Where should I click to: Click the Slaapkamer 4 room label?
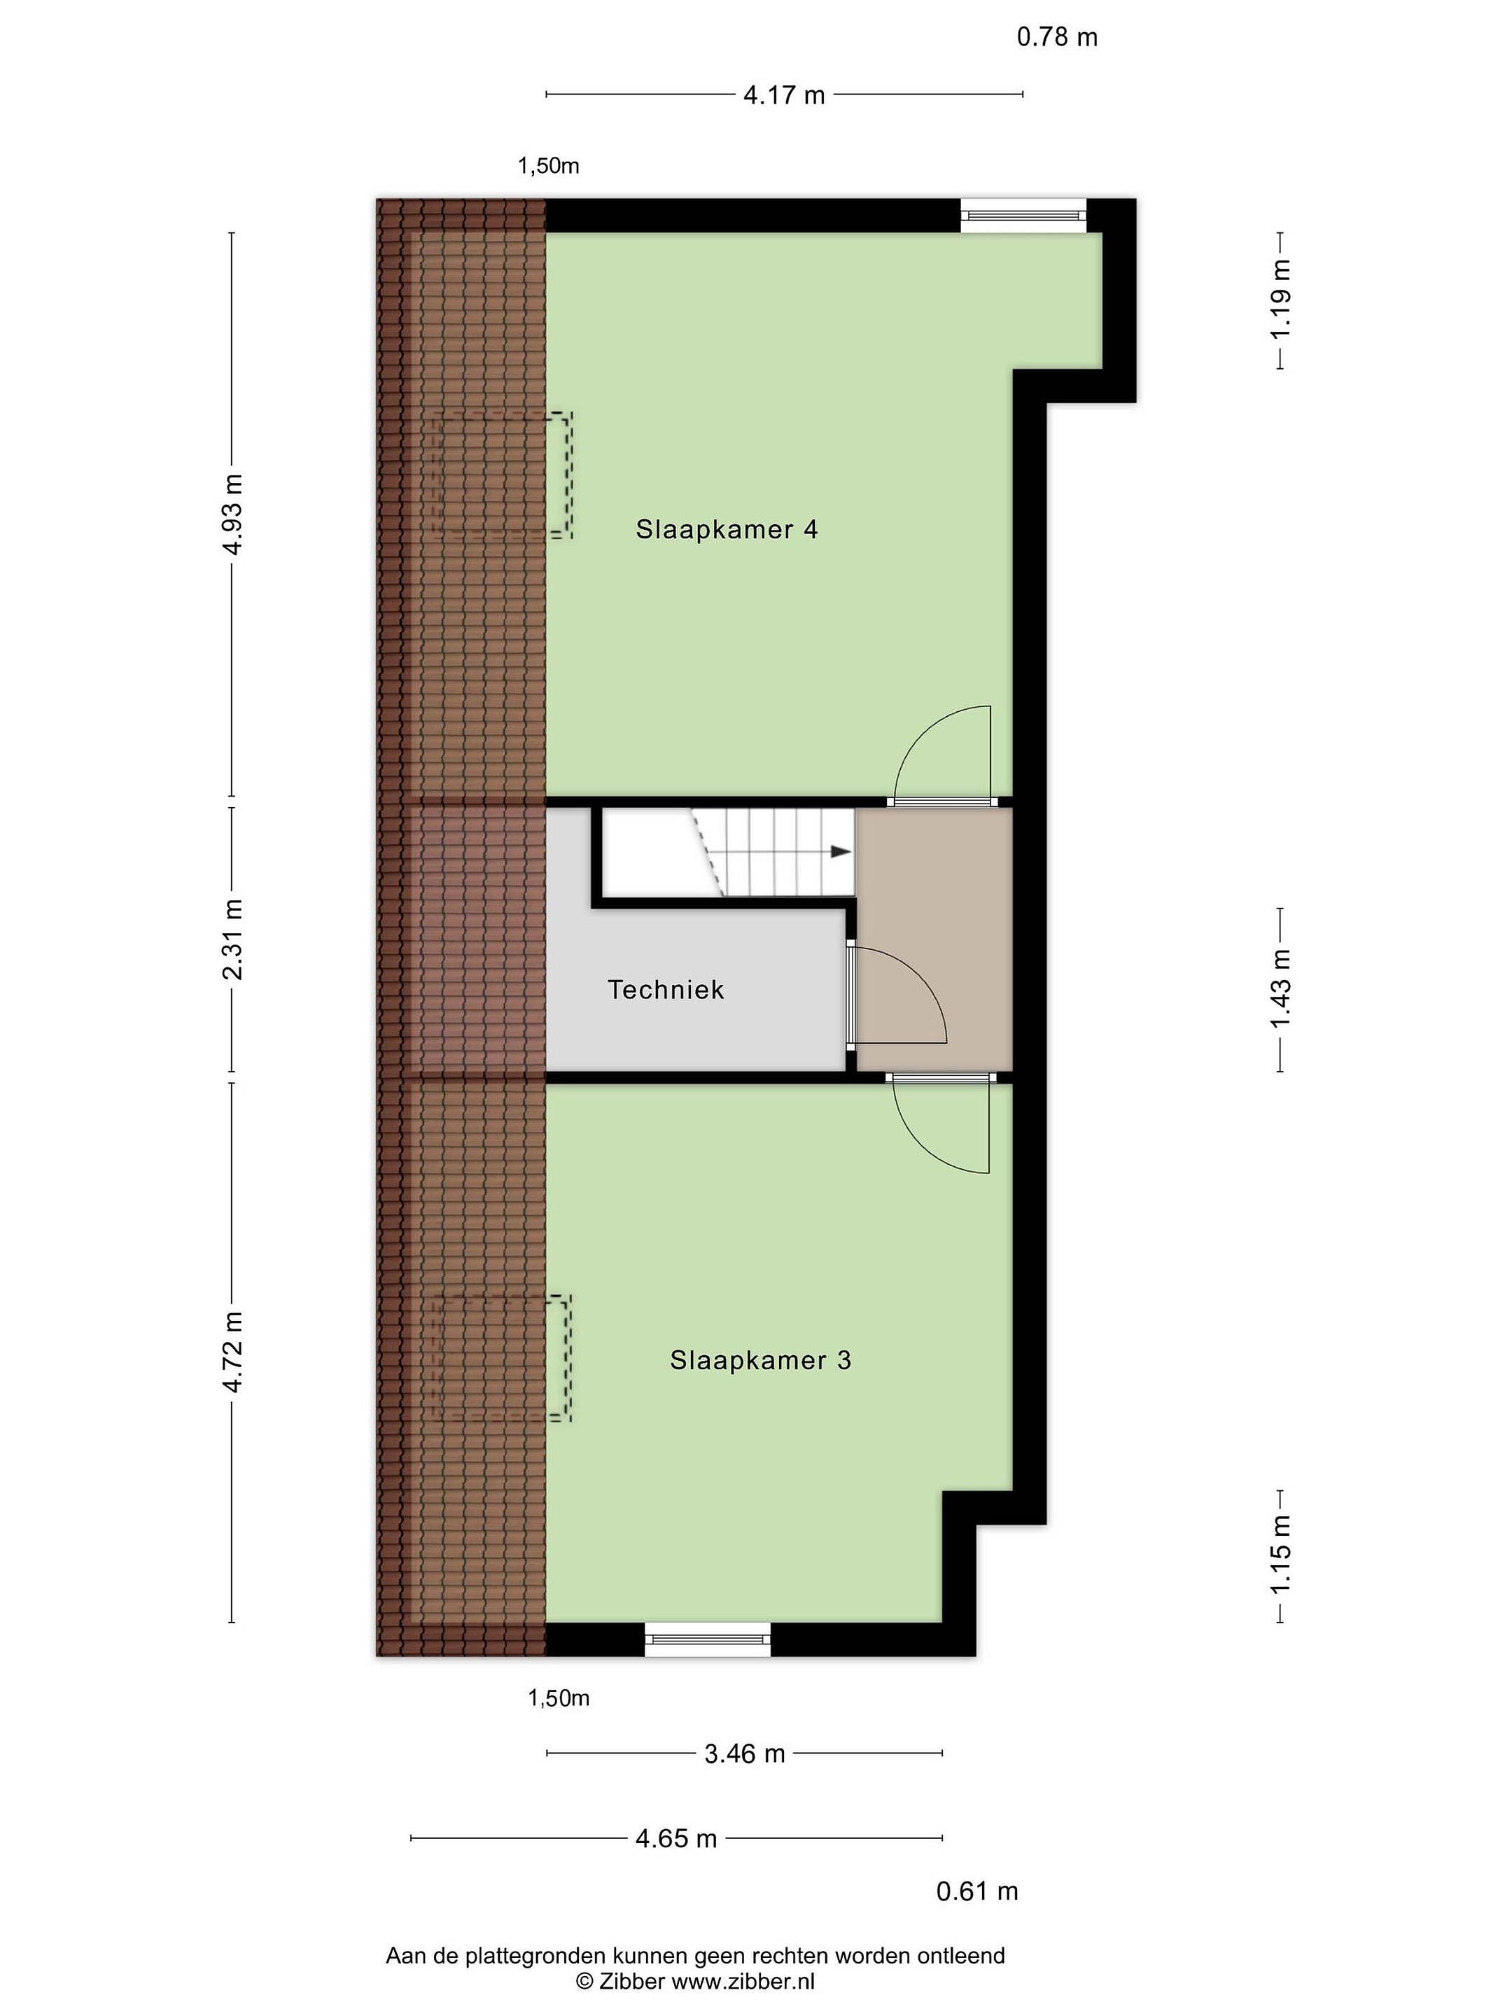click(727, 529)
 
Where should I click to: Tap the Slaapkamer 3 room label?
click(760, 1360)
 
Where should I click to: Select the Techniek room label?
click(665, 990)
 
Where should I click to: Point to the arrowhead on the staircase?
click(840, 851)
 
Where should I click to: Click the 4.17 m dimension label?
click(784, 94)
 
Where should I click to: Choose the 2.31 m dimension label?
click(234, 939)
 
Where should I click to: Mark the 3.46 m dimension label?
click(745, 1753)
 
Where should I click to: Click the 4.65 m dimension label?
click(676, 1838)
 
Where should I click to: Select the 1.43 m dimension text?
click(1282, 989)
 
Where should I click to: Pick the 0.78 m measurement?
click(1057, 37)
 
